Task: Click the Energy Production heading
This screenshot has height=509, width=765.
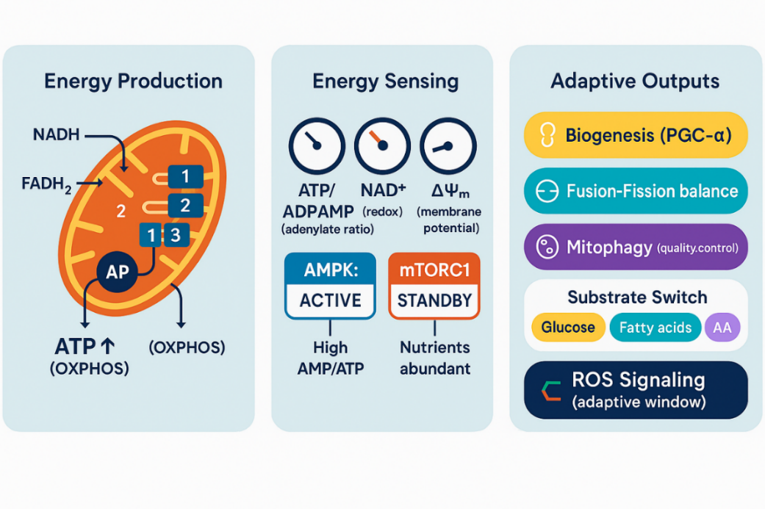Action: pyautogui.click(x=133, y=81)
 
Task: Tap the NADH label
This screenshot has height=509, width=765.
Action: pyautogui.click(x=56, y=135)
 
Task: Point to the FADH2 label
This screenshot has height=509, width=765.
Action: pyautogui.click(x=46, y=181)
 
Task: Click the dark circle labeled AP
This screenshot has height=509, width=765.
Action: pyautogui.click(x=117, y=272)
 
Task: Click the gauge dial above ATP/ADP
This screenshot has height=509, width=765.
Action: pyautogui.click(x=317, y=145)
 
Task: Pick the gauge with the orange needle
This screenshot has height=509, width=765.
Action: pyautogui.click(x=382, y=145)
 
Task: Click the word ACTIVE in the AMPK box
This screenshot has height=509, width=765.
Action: pyautogui.click(x=330, y=300)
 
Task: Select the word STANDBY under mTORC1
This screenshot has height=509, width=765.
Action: pyautogui.click(x=434, y=300)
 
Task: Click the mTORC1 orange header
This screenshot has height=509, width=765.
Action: pyautogui.click(x=434, y=269)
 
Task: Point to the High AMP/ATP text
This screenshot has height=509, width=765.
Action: pyautogui.click(x=330, y=358)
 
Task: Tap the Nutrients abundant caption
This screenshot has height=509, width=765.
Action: pyautogui.click(x=434, y=358)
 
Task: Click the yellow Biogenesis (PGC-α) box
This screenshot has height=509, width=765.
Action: pyautogui.click(x=636, y=136)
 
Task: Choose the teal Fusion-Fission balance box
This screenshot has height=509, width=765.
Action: pyautogui.click(x=636, y=192)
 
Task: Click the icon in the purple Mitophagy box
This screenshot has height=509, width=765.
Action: pyautogui.click(x=547, y=248)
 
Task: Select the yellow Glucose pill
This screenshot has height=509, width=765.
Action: pyautogui.click(x=567, y=328)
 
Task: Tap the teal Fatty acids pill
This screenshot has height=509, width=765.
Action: pyautogui.click(x=655, y=328)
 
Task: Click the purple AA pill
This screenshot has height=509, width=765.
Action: pyautogui.click(x=722, y=328)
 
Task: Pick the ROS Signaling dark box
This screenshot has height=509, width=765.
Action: pyautogui.click(x=636, y=390)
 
